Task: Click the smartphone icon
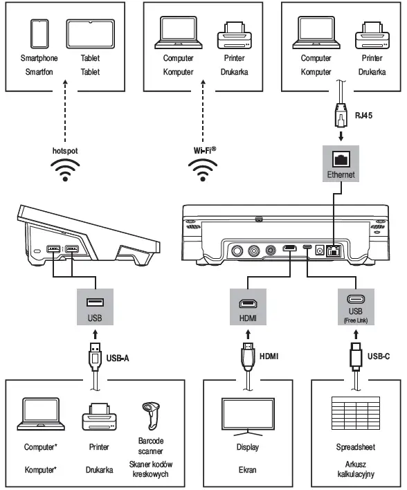click(x=39, y=34)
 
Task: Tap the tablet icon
click(x=91, y=34)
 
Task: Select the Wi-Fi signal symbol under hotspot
click(x=65, y=170)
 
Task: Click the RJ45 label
click(x=363, y=116)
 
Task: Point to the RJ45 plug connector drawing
click(x=341, y=115)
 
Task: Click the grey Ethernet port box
click(x=341, y=163)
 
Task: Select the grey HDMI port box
click(x=248, y=307)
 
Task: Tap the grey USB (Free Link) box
click(x=356, y=307)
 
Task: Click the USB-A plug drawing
click(x=95, y=356)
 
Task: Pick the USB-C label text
click(x=379, y=356)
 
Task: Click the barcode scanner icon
click(x=151, y=416)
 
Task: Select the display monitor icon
click(x=248, y=417)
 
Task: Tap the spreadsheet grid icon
click(x=356, y=413)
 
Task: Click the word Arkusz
click(x=356, y=464)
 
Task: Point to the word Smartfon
click(x=39, y=72)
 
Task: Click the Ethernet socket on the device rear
click(x=334, y=251)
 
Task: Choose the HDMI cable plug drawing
click(x=248, y=356)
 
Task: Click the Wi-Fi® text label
click(x=205, y=150)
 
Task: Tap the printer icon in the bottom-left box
click(x=100, y=417)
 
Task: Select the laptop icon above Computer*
click(x=41, y=414)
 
